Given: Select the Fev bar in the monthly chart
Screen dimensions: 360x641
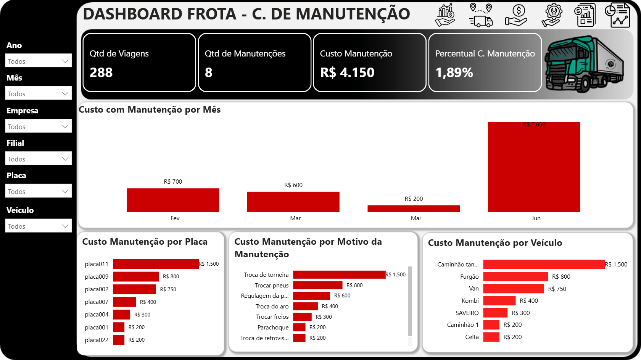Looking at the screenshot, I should click(x=173, y=200).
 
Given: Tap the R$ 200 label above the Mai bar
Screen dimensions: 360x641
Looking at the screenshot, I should click(x=414, y=199).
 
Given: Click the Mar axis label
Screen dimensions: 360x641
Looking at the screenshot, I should click(x=295, y=218).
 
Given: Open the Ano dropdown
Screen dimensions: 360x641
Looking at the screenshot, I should click(x=38, y=61).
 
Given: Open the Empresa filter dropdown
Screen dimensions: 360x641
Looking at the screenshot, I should click(x=38, y=126).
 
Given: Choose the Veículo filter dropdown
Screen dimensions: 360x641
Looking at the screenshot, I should click(x=38, y=226).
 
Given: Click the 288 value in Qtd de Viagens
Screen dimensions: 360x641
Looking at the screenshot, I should click(x=101, y=73).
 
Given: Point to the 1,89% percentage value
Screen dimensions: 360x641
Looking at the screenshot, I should click(x=454, y=73).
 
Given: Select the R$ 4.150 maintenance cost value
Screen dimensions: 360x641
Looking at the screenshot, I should click(x=347, y=73).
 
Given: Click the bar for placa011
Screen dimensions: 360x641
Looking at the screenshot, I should click(x=156, y=264).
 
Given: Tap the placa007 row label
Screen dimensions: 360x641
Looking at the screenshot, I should click(x=97, y=302).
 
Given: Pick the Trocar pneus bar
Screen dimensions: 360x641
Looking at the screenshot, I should click(x=317, y=285).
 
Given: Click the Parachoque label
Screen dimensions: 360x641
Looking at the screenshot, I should click(x=273, y=328).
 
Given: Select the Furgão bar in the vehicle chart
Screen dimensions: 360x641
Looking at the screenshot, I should click(x=515, y=276).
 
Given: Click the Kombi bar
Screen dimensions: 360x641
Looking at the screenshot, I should click(x=499, y=301).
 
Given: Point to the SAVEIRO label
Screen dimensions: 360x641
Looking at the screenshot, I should click(x=467, y=313).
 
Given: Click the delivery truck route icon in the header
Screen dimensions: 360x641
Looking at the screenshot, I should click(x=481, y=15).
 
